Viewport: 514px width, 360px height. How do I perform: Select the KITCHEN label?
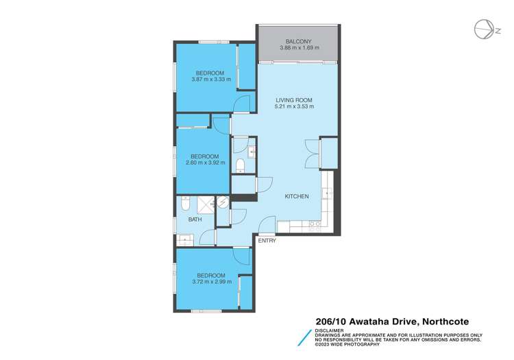(297, 197)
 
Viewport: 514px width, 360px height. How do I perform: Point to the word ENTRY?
(267, 241)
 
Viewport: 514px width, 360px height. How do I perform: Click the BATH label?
(195, 220)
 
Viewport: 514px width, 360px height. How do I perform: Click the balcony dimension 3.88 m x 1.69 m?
(298, 48)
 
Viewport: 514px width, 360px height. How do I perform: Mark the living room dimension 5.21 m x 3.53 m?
(294, 107)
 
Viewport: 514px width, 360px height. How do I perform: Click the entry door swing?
(267, 226)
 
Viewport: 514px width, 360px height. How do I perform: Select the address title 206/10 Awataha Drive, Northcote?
(392, 319)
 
